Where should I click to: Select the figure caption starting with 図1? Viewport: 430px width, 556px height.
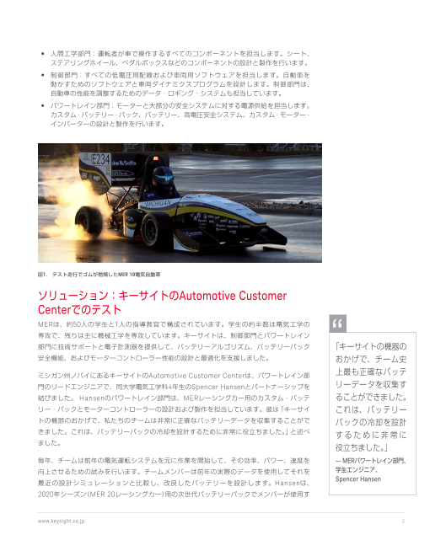[99, 274]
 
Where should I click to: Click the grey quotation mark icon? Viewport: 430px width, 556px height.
[339, 325]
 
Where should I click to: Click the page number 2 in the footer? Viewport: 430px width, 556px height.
[404, 521]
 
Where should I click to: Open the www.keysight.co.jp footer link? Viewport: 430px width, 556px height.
[61, 521]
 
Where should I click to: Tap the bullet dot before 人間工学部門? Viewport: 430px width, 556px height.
[42, 53]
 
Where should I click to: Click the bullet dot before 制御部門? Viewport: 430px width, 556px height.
[42, 76]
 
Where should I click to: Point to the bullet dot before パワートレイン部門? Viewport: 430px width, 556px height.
[42, 106]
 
